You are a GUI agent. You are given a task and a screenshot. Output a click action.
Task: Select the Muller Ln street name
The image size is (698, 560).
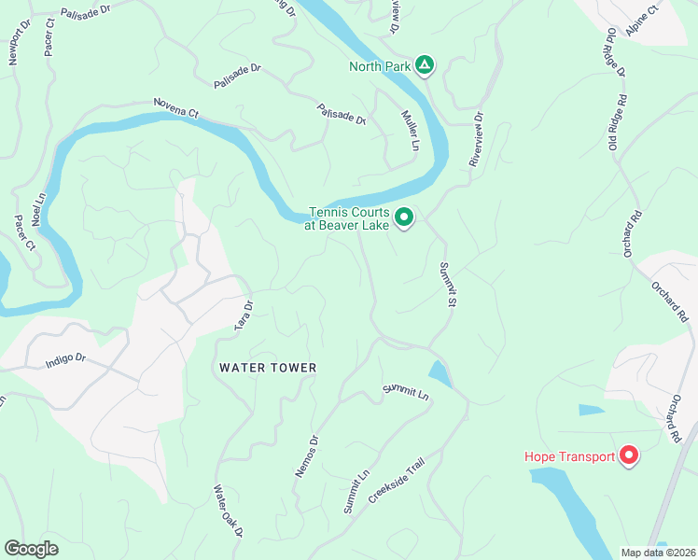coord(410,130)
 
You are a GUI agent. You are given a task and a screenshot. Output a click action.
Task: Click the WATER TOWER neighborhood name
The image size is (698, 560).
coord(268,368)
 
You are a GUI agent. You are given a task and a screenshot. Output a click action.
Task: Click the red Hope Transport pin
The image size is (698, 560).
coord(628,455)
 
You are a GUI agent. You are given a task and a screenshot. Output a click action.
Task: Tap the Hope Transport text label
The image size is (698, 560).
coord(568,456)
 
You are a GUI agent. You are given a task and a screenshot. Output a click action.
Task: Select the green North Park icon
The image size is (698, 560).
coord(424,65)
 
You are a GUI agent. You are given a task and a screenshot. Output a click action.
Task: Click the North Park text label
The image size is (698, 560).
coord(380,66)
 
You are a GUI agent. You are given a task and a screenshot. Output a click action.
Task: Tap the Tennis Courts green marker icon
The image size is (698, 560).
coord(404,217)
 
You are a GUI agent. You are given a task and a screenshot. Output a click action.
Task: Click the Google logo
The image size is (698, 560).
coord(32,549)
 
